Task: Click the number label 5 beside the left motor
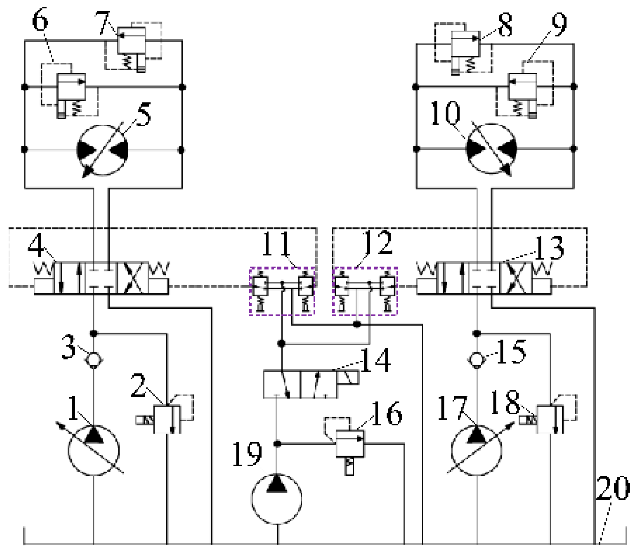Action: click(x=144, y=114)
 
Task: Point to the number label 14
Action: click(x=375, y=360)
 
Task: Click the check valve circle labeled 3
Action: click(x=94, y=360)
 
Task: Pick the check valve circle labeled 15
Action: click(x=477, y=360)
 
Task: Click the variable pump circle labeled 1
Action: click(x=94, y=450)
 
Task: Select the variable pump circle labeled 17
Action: click(x=477, y=450)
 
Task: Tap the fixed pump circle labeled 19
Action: click(x=277, y=499)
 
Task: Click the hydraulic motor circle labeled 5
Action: click(x=102, y=150)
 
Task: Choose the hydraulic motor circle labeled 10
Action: click(x=491, y=149)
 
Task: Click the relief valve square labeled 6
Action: click(x=71, y=87)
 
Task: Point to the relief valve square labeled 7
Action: click(x=132, y=40)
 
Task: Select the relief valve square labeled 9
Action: click(x=522, y=86)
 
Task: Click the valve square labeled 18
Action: click(x=547, y=419)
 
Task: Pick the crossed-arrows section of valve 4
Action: click(x=133, y=278)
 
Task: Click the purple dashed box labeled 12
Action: click(x=365, y=291)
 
